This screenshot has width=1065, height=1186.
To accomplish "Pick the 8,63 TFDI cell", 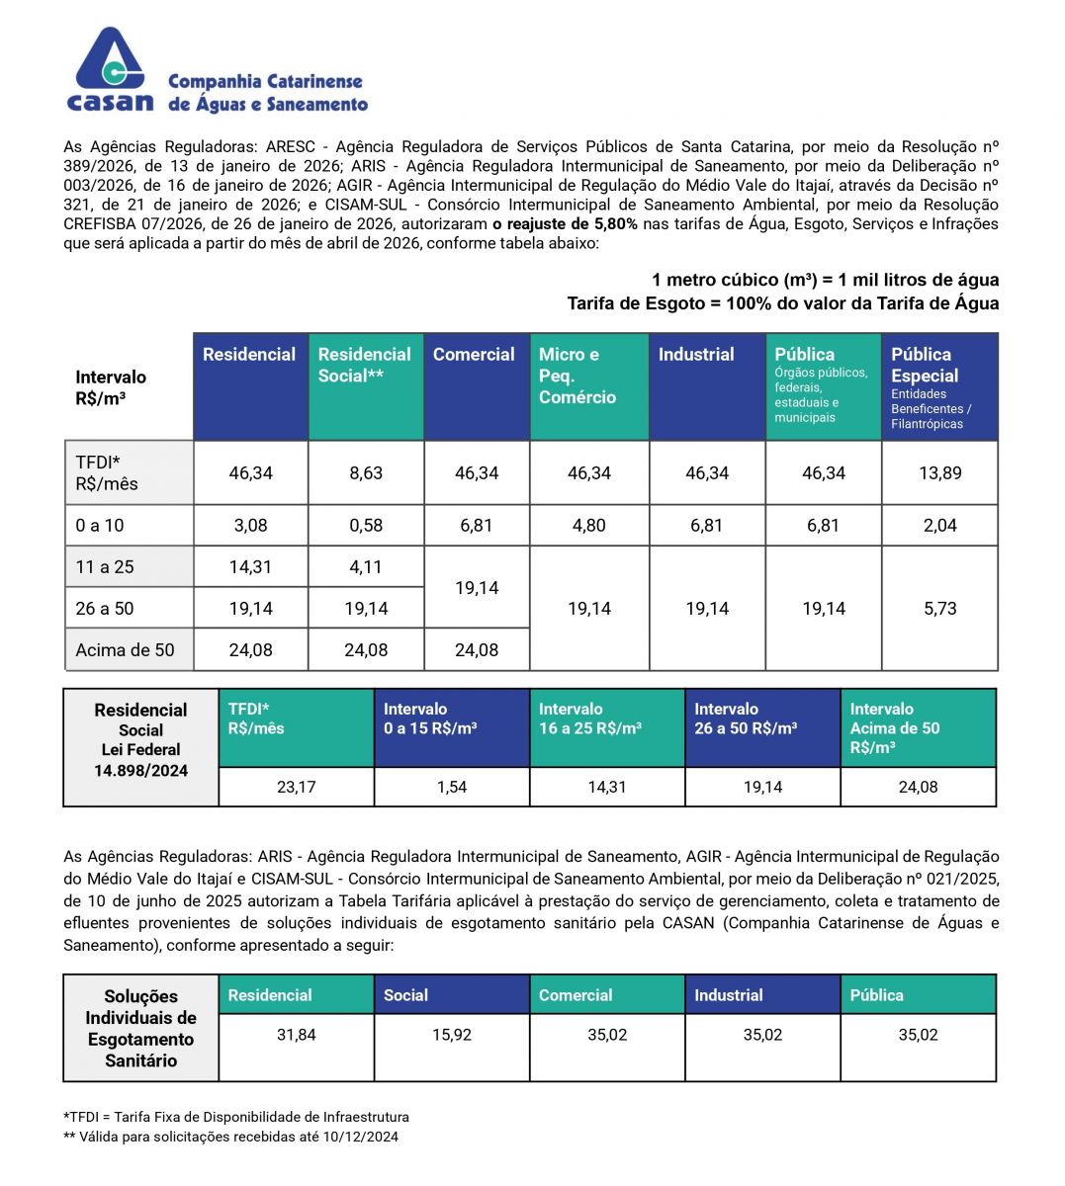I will coord(366,473).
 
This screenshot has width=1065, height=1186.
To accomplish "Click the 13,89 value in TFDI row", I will coord(940,473).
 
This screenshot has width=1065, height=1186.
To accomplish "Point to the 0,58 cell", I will coord(366,526).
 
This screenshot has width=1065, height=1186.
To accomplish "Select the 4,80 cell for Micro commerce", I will coord(589,526).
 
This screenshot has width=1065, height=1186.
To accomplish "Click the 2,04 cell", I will coord(940,526).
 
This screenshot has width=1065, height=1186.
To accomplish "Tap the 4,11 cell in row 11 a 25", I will coord(366,567).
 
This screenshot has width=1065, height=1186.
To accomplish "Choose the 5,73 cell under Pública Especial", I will coord(940,609).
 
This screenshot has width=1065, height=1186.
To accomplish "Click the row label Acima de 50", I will coord(125,650).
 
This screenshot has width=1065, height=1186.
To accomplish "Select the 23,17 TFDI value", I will coord(296,788).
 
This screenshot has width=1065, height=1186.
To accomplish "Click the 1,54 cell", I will coord(452,788).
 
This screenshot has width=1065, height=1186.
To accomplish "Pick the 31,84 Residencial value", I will coord(296,1035).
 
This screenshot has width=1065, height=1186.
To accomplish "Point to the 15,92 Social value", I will coord(452,1035).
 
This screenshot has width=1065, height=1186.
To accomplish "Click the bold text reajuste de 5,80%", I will coord(566,224).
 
